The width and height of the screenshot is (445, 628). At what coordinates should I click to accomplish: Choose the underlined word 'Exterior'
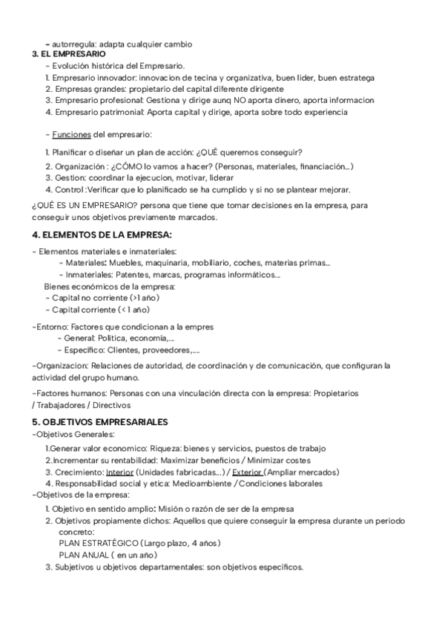(247, 472)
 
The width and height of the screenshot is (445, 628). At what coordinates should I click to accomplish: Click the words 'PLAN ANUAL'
(82, 555)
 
